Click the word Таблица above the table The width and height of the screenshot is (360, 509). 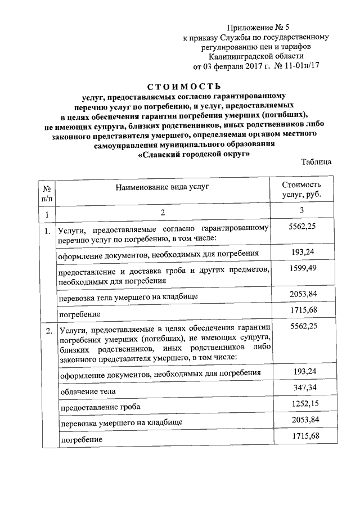[316, 163]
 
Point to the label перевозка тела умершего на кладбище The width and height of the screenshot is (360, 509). [128, 295]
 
